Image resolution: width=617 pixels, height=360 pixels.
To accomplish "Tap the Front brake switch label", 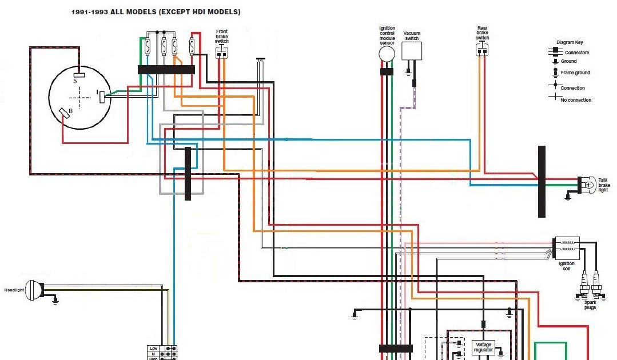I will [221, 37].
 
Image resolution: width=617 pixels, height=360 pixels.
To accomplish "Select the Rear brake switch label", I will [482, 33].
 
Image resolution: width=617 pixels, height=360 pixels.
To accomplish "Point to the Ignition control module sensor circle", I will [387, 54].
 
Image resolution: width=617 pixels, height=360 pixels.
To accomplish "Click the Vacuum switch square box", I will [411, 51].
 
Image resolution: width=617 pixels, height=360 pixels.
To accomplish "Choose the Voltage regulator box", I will [483, 347].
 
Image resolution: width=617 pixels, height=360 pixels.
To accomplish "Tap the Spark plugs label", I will [590, 305].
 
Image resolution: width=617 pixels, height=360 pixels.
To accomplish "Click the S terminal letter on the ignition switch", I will [74, 81].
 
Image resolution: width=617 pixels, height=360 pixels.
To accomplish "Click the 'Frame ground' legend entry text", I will [575, 73].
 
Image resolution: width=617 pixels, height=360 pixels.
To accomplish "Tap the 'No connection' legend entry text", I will [576, 100].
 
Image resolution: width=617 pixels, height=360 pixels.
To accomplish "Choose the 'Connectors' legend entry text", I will [576, 53].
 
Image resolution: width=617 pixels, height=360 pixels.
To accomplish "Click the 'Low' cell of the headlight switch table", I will [153, 348].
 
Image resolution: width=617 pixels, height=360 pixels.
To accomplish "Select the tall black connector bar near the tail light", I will [542, 181].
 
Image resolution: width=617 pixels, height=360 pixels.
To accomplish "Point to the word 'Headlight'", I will [14, 290].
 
